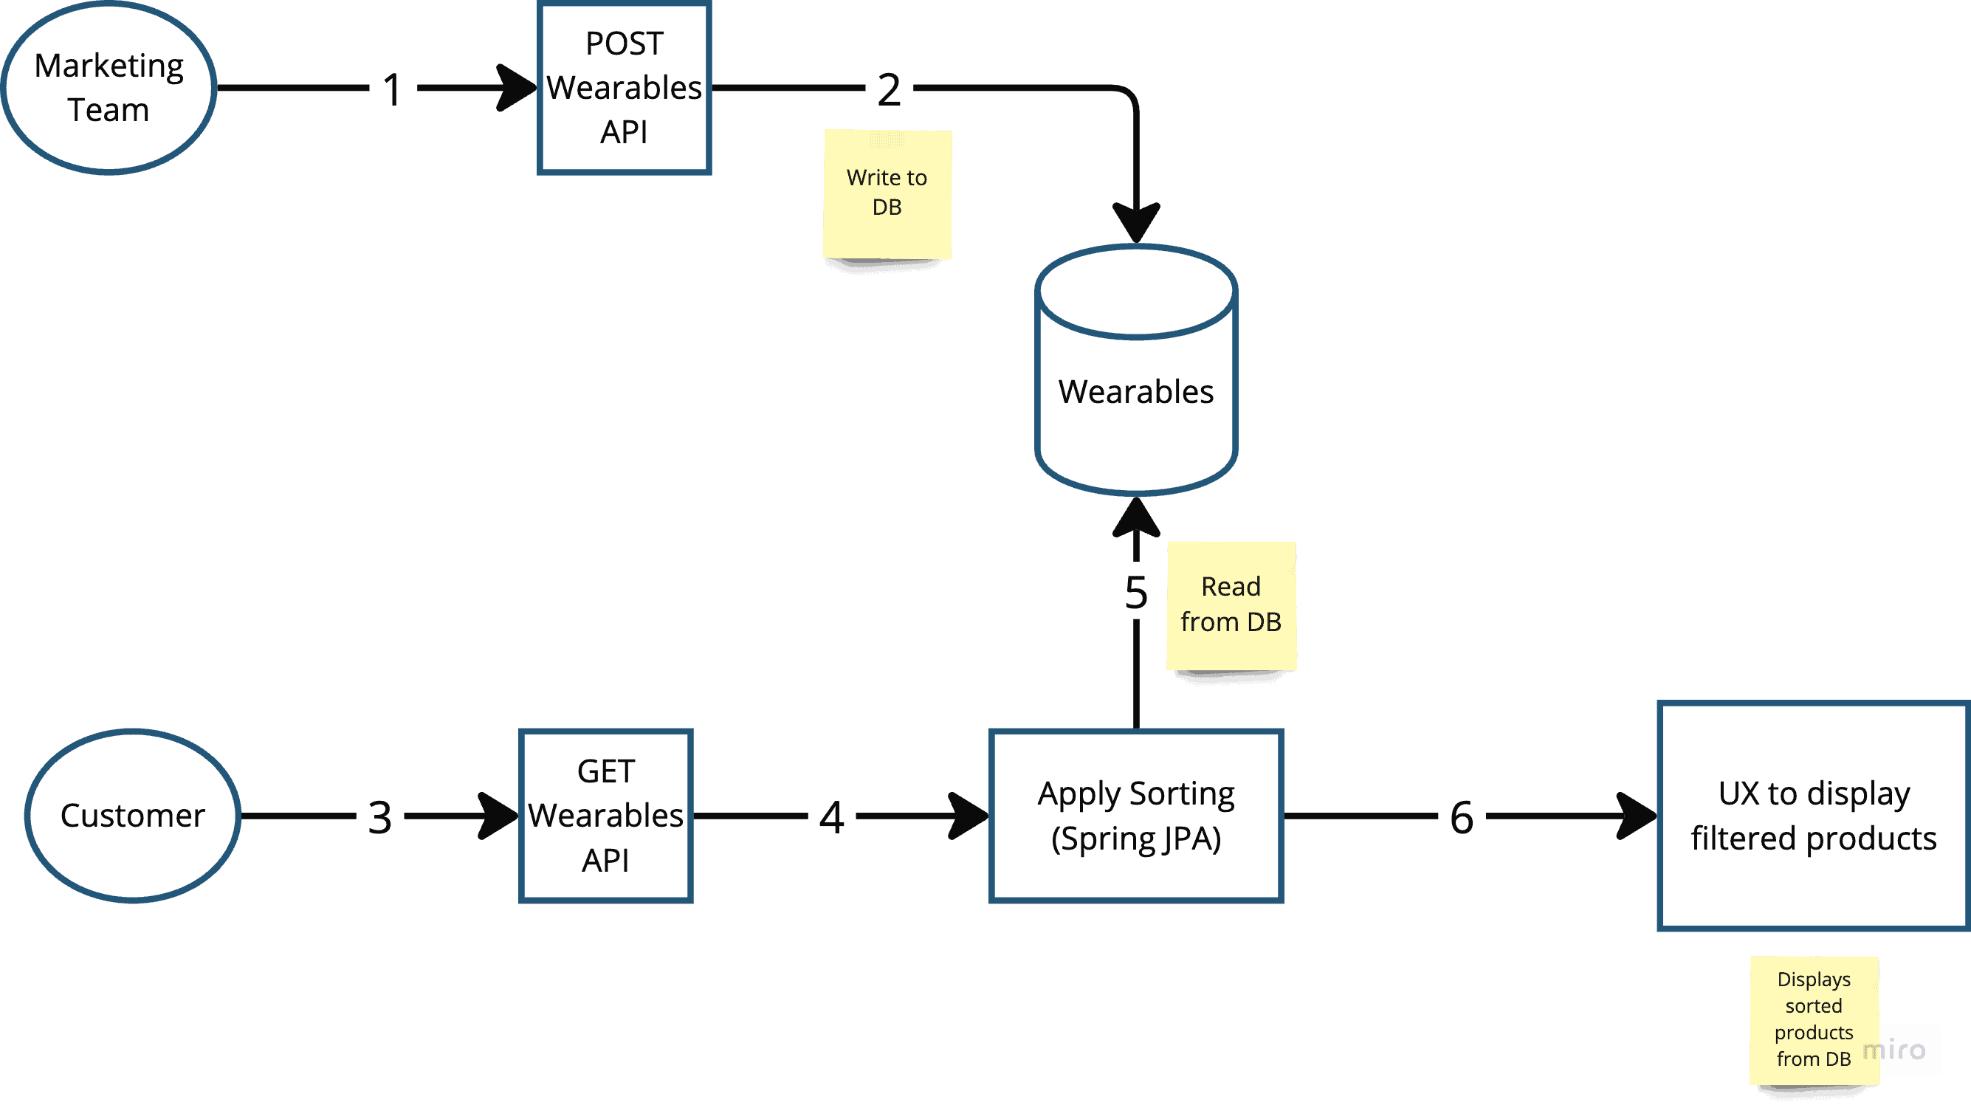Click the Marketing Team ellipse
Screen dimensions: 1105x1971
[x=109, y=87]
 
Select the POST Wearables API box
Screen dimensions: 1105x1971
[x=625, y=88]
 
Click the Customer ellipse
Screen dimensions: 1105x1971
[x=132, y=816]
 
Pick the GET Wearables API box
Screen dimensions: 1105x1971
[x=606, y=816]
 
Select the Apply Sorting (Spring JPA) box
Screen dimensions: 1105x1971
[x=1136, y=816]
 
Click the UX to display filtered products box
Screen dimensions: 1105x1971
[x=1813, y=816]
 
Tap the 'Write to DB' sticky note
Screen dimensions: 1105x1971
[x=887, y=193]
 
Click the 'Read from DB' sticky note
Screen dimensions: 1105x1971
[x=1231, y=605]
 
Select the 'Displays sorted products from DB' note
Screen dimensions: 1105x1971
[x=1813, y=1019]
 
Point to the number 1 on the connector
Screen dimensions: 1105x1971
[x=393, y=89]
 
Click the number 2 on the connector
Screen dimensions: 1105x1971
[x=889, y=89]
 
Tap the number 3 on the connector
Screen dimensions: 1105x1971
[x=380, y=817]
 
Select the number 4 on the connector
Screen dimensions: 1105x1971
[x=832, y=817]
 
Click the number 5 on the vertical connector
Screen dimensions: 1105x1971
[x=1136, y=593]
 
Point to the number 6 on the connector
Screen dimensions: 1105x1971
[x=1462, y=817]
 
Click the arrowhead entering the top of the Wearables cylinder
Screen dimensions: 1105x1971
[x=1136, y=224]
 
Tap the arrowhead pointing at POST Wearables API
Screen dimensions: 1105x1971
[x=517, y=87]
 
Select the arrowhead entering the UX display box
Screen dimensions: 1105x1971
[x=1637, y=816]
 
